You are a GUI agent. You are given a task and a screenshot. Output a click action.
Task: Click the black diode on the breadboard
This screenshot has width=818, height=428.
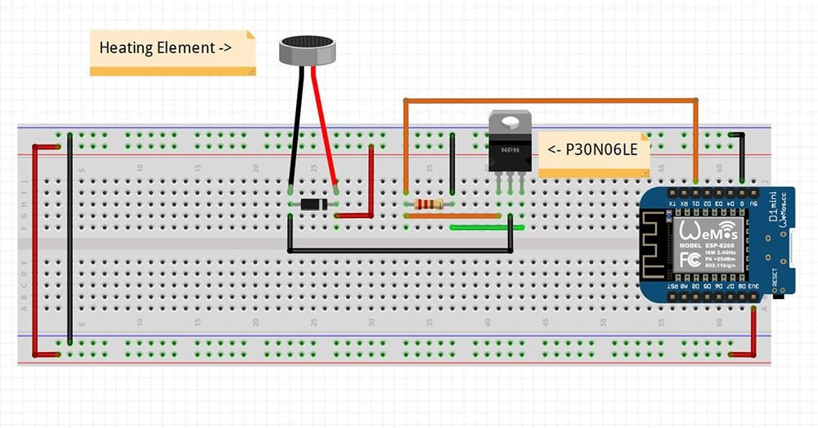pos(313,203)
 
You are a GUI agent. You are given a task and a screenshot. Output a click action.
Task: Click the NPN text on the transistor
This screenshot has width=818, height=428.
pos(509,150)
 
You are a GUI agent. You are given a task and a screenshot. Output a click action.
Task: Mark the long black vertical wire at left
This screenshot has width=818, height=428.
pos(70,237)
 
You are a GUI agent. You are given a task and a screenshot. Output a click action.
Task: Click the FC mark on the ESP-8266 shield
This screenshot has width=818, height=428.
pos(690,261)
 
